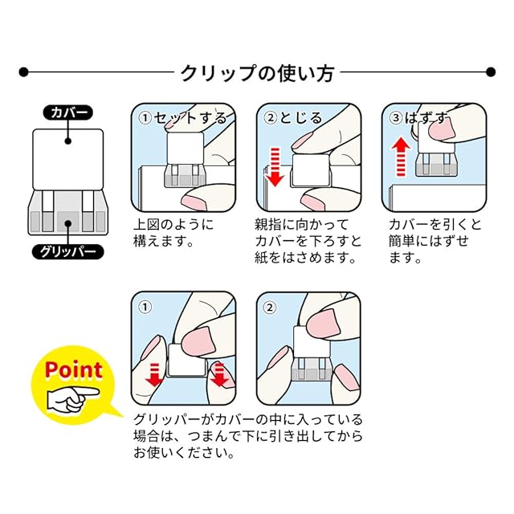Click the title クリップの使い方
pyautogui.click(x=257, y=72)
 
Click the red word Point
pyautogui.click(x=73, y=370)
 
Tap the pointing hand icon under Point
pyautogui.click(x=73, y=397)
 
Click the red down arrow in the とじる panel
pyautogui.click(x=273, y=165)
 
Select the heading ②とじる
pyautogui.click(x=293, y=118)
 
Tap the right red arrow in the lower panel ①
pyautogui.click(x=219, y=374)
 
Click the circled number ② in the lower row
pyautogui.click(x=269, y=306)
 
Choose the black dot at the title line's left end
pyautogui.click(x=24, y=72)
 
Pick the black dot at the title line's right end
pyautogui.click(x=490, y=72)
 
